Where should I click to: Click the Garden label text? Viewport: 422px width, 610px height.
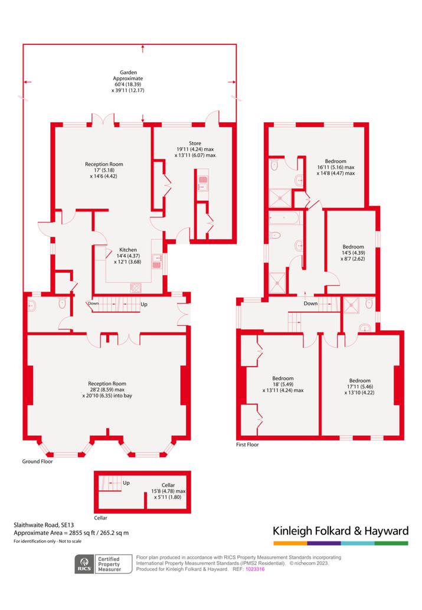[x=128, y=73]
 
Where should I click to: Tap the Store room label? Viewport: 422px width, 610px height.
[x=195, y=143]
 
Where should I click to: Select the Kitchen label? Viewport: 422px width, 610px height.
[x=128, y=250]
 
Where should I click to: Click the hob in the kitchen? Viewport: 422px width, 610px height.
[x=136, y=288]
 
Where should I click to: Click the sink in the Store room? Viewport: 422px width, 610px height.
[x=203, y=184]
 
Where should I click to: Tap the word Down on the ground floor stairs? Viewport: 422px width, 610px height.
[x=93, y=304]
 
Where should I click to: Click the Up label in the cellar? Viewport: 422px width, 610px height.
[x=126, y=483]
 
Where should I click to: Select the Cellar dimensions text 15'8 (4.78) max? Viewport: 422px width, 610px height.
[x=168, y=491]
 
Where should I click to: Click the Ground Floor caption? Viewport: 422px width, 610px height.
[x=37, y=461]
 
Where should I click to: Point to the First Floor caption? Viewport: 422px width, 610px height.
[x=247, y=444]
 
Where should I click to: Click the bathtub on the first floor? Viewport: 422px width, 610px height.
[x=284, y=218]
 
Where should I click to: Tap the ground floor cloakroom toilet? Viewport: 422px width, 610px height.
[x=62, y=303]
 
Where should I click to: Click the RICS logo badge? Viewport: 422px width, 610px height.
[x=84, y=564]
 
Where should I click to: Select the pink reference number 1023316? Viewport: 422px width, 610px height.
[x=255, y=569]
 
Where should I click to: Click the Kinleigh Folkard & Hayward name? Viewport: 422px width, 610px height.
[x=341, y=531]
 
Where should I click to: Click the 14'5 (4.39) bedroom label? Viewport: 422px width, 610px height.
[x=353, y=253]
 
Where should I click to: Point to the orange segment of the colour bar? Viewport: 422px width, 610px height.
[x=290, y=543]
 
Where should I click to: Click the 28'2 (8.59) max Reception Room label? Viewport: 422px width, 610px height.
[x=107, y=389]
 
